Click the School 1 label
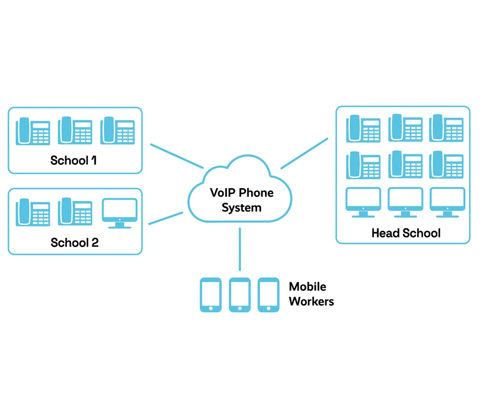(74, 161)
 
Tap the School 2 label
(75, 242)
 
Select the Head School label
(406, 233)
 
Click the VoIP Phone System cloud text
(242, 200)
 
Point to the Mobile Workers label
(311, 294)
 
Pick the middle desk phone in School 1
(75, 130)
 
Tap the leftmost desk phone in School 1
(33, 131)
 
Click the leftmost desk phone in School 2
(33, 212)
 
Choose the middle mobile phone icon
(240, 295)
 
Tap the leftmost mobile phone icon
(210, 295)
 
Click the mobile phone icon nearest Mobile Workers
(268, 295)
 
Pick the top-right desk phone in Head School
(447, 128)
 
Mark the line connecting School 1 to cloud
(177, 155)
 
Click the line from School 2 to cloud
(166, 218)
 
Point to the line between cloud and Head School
(304, 153)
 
